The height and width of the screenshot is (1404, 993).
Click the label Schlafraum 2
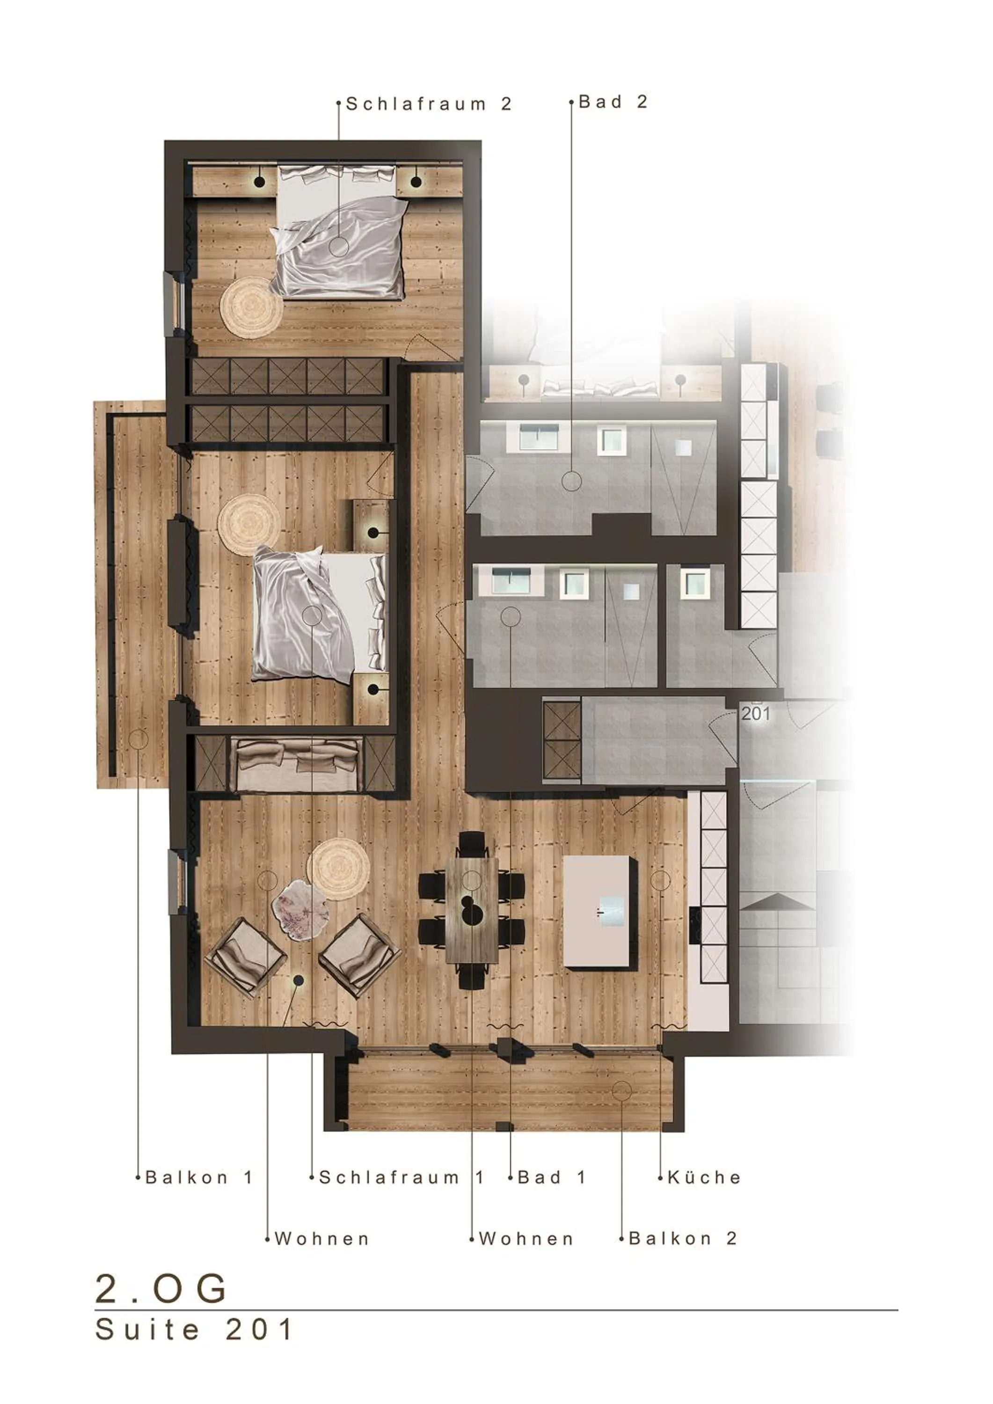[429, 104]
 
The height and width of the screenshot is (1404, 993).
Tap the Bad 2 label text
[613, 102]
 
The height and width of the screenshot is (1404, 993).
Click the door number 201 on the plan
[756, 714]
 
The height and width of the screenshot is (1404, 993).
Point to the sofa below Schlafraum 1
[297, 764]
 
